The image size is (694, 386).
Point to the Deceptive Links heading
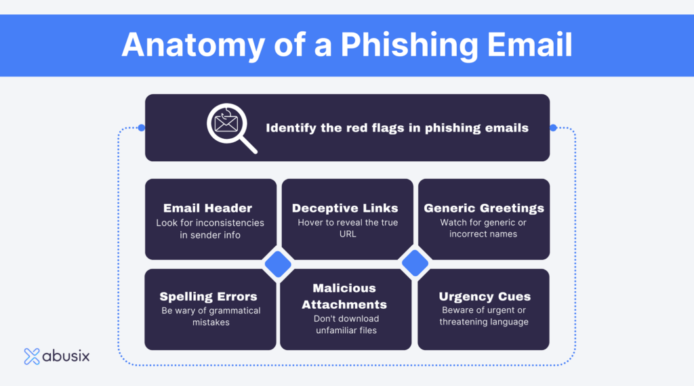345,208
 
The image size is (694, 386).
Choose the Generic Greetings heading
484,208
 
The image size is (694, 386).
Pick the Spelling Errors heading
208,297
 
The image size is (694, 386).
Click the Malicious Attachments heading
344,296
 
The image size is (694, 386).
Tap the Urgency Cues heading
484,297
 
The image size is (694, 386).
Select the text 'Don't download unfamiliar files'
346,324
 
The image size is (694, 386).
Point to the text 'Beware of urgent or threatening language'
484,316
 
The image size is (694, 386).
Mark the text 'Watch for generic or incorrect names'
483,228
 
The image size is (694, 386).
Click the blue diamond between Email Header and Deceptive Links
277,264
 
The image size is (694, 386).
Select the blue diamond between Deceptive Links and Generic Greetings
415,264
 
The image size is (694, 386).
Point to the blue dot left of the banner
142,127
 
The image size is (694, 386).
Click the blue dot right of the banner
553,127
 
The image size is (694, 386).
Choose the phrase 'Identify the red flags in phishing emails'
397,127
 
